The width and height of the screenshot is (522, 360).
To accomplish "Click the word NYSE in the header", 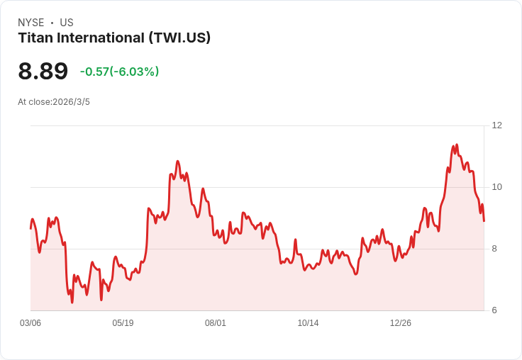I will click(31, 23).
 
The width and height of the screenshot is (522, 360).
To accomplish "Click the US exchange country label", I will click(67, 23).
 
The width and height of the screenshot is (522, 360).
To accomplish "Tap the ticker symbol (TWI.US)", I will click(179, 38).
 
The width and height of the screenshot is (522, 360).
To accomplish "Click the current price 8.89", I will click(43, 72).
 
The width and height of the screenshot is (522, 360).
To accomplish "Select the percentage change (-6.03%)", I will click(134, 72).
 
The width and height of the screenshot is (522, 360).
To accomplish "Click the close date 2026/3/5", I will click(71, 102).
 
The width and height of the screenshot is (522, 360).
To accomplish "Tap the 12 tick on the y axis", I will click(496, 125).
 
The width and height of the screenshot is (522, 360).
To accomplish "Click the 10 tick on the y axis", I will click(496, 187).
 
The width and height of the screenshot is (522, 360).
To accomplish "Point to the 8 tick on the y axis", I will click(494, 249).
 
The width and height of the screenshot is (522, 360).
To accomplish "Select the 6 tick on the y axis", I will click(494, 310).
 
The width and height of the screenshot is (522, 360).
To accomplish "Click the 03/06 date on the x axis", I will click(30, 323).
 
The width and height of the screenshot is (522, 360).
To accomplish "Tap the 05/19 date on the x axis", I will click(123, 323).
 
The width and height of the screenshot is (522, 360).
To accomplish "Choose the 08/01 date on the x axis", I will click(216, 323).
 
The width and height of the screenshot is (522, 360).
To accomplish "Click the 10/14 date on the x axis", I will click(308, 323).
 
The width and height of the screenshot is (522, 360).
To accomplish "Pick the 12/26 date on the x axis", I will click(401, 323).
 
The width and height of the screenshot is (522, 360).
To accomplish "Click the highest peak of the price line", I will click(457, 145).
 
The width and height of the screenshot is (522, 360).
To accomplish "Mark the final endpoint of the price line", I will click(484, 221).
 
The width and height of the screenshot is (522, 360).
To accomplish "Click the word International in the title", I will click(99, 38).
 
